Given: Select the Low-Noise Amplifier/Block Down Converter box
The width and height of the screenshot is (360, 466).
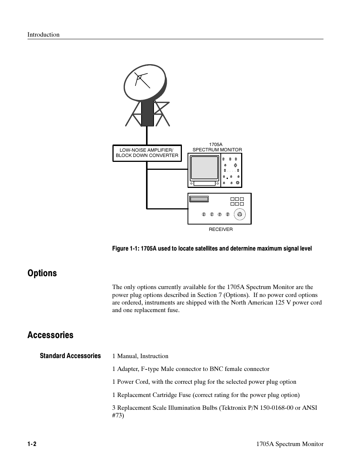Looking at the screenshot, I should tap(147, 153).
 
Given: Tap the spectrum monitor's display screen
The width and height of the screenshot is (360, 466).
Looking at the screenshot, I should tap(205, 168).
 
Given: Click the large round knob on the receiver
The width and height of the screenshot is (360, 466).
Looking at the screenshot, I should tap(239, 215).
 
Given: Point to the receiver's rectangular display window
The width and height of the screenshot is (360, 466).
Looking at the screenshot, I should tap(199, 199).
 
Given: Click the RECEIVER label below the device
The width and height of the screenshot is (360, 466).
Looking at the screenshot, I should tap(221, 229).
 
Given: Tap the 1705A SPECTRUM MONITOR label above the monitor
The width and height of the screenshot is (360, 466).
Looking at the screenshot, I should tap(217, 147).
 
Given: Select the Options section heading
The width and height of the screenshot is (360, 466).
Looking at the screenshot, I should tap(42, 273).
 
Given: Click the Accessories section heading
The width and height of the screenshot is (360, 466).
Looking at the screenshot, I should tap(50, 335).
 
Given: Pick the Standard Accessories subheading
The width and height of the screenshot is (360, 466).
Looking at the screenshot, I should tap(70, 356).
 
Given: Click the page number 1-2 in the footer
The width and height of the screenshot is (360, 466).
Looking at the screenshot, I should tap(32, 444).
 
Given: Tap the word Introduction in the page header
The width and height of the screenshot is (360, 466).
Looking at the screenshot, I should tap(43, 35).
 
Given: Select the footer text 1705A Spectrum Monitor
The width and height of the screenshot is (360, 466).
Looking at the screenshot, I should tap(289, 444).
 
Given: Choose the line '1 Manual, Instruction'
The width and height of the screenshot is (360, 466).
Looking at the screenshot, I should tap(140, 356).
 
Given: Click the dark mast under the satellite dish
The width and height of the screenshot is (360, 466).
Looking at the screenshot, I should tap(147, 113).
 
